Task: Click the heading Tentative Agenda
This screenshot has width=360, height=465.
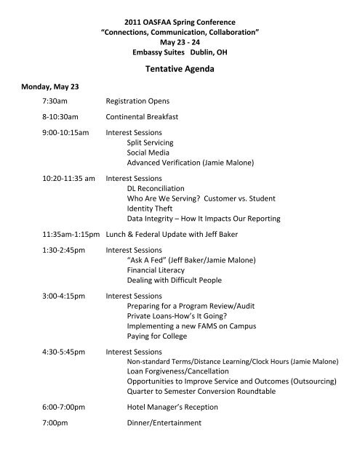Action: pos(180,70)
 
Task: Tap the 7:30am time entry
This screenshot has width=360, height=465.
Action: pos(55,102)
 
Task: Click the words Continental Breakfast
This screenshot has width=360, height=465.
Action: pos(141,118)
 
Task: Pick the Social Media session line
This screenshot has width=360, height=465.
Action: pos(148,153)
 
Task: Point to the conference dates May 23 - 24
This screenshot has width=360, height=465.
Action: pos(180,31)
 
